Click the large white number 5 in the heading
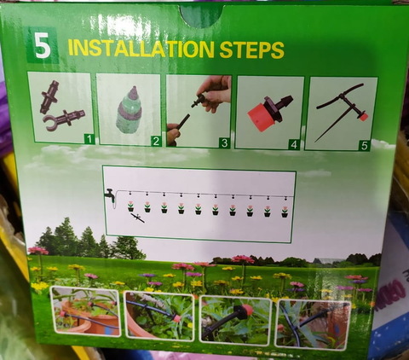(x=43, y=47)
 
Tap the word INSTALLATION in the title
(x=141, y=49)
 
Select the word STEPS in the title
(x=252, y=50)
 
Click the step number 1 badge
(x=89, y=139)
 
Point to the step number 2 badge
(x=156, y=141)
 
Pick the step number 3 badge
(x=225, y=143)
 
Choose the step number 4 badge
(x=294, y=144)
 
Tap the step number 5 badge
(x=365, y=146)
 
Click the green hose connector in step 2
(x=129, y=110)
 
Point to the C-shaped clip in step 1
(x=51, y=123)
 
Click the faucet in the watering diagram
(x=110, y=195)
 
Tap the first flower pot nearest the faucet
(x=130, y=206)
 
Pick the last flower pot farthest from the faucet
(x=285, y=212)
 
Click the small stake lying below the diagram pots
(x=137, y=218)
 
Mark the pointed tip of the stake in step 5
(x=316, y=142)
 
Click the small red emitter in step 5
(x=363, y=117)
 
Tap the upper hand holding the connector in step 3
(x=215, y=92)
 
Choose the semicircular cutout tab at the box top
(x=201, y=16)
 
